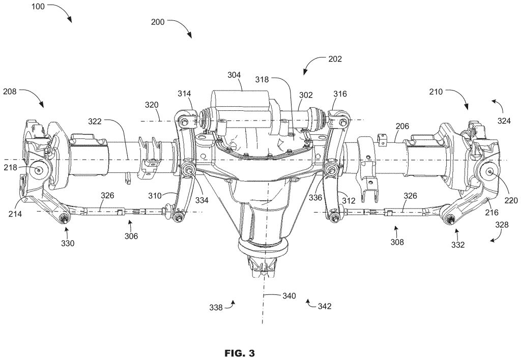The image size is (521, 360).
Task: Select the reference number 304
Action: (234, 75)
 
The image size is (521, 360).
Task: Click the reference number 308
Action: (397, 243)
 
